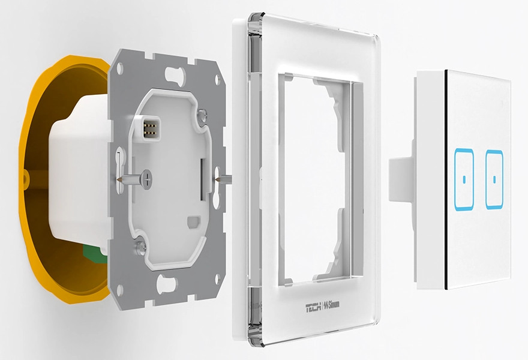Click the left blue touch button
(x=464, y=179)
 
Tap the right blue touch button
(x=494, y=179)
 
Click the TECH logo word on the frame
(x=313, y=307)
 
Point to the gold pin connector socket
(x=149, y=128)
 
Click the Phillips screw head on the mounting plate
(x=146, y=179)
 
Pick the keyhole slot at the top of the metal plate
(x=175, y=74)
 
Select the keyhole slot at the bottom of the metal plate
(x=167, y=284)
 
